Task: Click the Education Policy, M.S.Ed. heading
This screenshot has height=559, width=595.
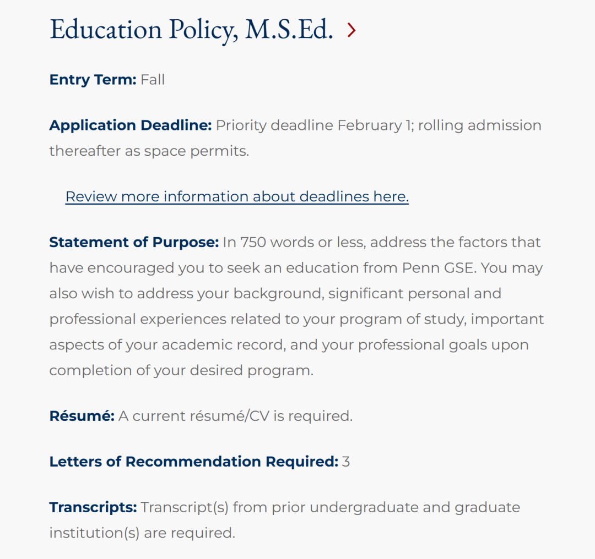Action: click(191, 30)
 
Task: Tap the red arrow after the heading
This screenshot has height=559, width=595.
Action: click(351, 31)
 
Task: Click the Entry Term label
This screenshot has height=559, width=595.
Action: click(93, 80)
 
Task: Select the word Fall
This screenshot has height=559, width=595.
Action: click(153, 80)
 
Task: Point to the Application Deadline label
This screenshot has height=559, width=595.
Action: click(131, 125)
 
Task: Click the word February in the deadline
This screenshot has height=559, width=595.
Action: click(370, 125)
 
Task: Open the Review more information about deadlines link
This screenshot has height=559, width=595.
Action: click(237, 196)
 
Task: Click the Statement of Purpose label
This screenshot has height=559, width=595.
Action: click(134, 242)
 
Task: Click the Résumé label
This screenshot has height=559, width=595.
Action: click(82, 416)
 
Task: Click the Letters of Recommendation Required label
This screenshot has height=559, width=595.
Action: click(193, 462)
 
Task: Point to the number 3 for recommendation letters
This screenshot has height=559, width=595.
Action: click(346, 462)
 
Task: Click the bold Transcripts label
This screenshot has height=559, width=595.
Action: click(93, 507)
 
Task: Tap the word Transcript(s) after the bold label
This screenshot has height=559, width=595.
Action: click(185, 507)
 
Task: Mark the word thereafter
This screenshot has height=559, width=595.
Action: click(85, 151)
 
